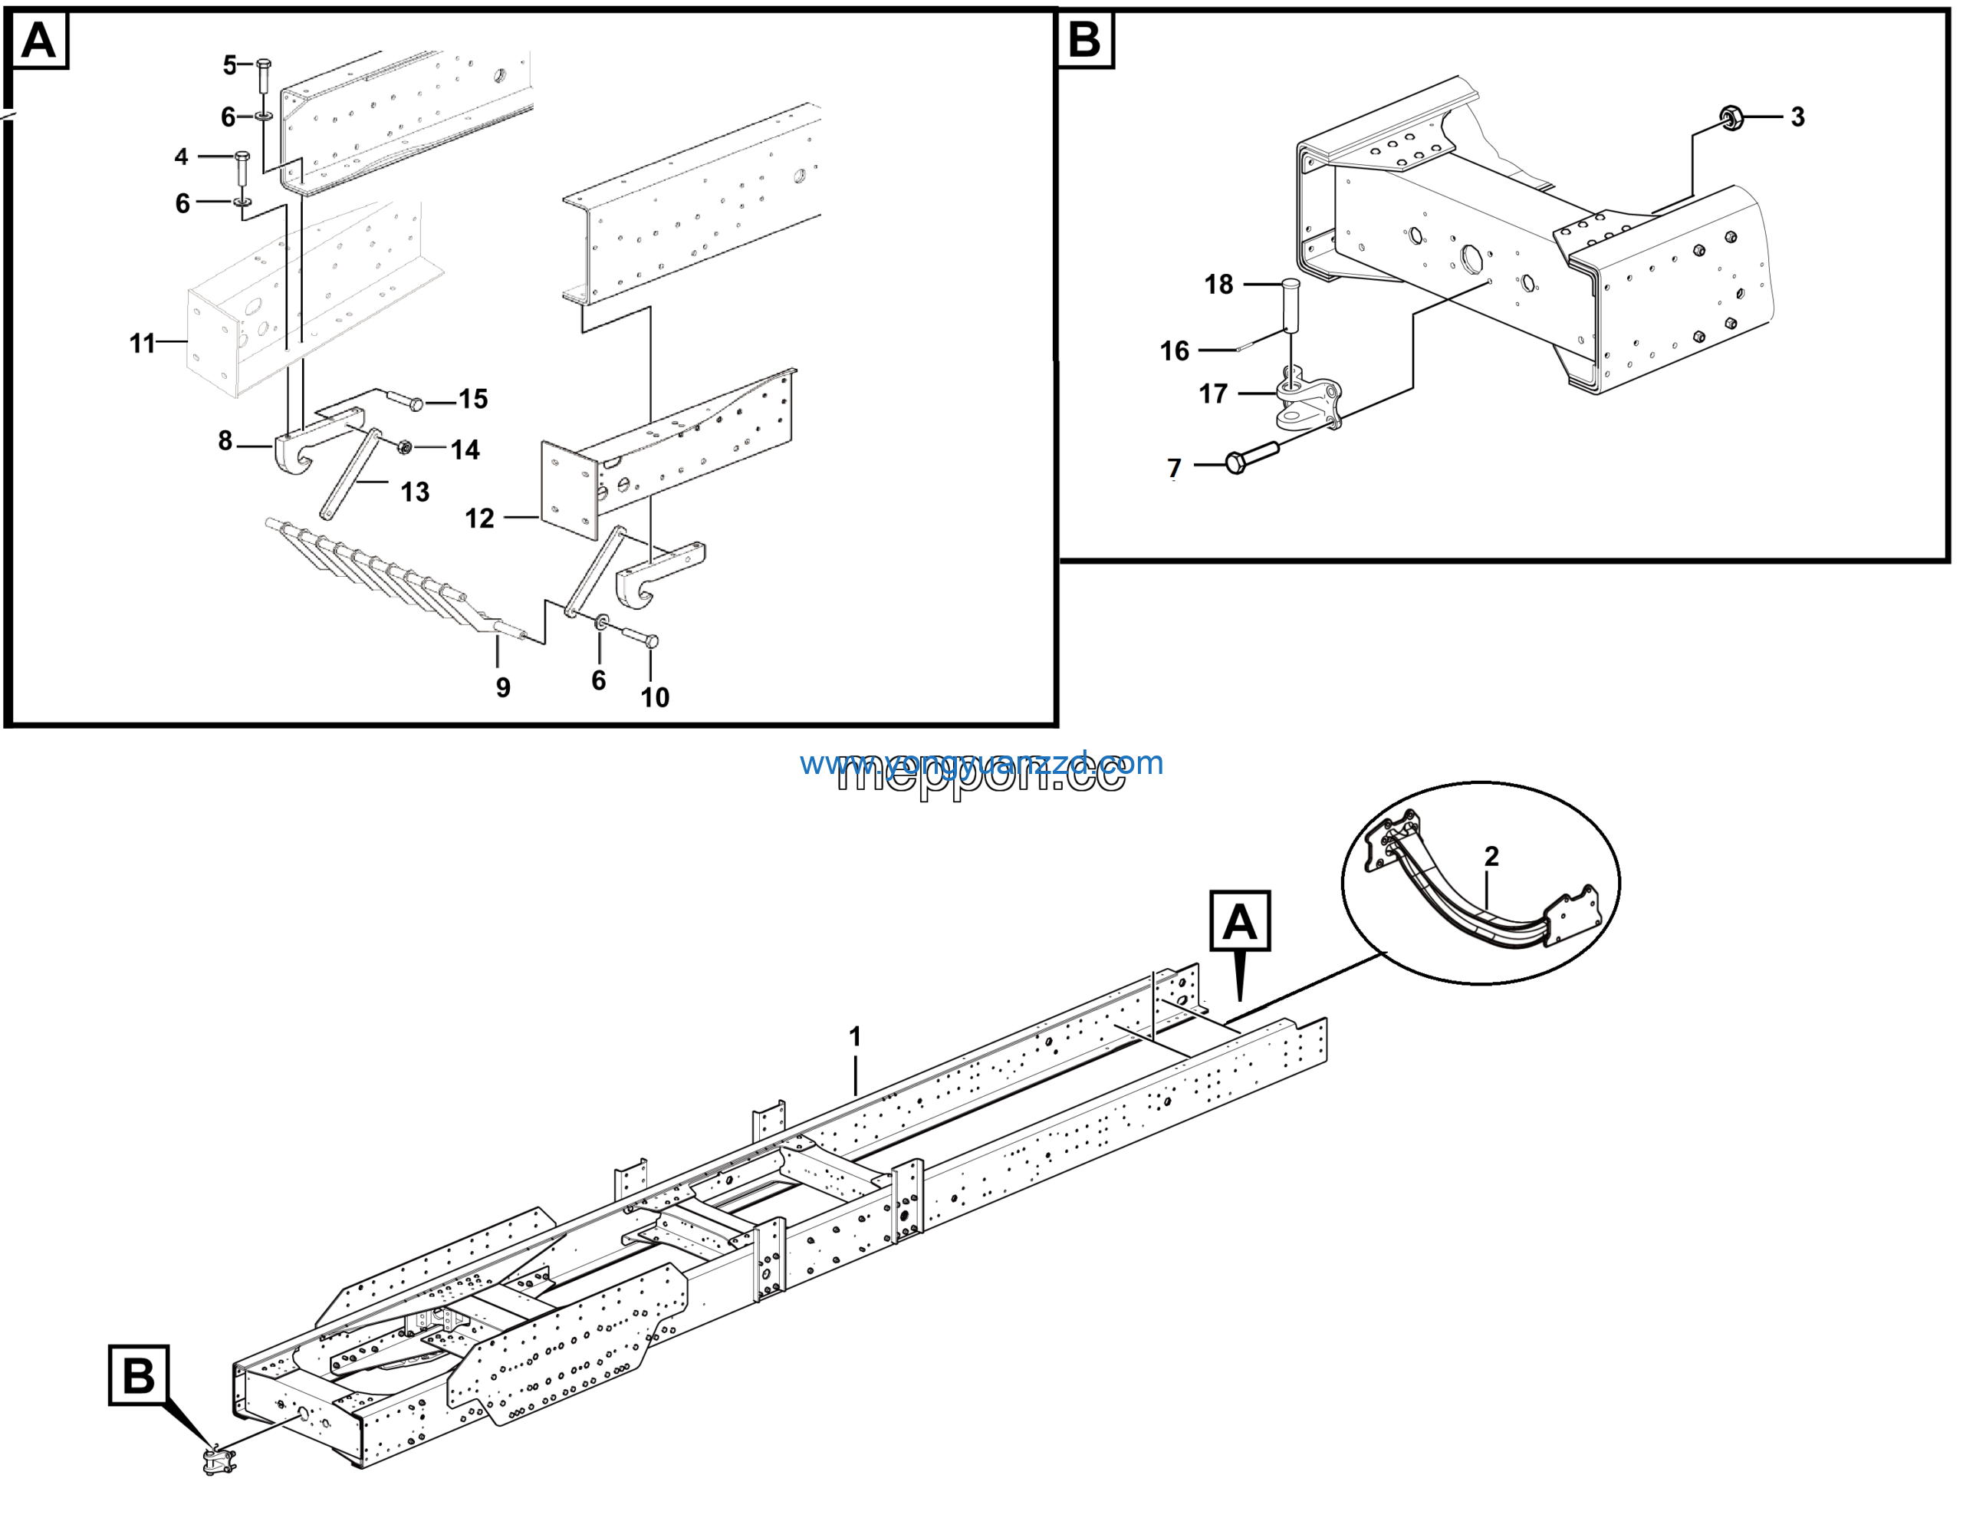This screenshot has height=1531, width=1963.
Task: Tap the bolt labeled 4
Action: [x=242, y=168]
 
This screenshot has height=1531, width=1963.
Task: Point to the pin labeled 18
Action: [x=1291, y=305]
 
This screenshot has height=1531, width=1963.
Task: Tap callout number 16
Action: [x=1174, y=351]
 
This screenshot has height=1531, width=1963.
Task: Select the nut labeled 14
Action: [x=404, y=447]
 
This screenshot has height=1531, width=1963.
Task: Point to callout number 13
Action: [x=414, y=492]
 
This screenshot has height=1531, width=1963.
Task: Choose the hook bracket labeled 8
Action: [x=294, y=451]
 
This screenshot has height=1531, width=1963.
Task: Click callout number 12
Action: [x=479, y=518]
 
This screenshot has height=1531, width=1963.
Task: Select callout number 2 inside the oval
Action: [x=1492, y=856]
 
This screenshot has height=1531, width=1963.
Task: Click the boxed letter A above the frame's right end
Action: [x=1239, y=921]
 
